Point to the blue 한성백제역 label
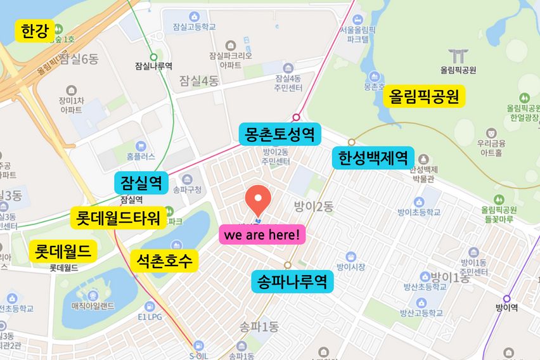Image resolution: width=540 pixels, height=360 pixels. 373,158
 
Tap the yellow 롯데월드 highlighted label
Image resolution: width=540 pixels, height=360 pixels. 63,251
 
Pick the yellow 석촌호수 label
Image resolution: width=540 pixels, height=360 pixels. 164,260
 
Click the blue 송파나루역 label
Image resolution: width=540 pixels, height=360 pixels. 292,281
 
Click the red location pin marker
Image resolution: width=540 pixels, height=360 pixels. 258,200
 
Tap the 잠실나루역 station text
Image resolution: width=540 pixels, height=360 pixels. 153,65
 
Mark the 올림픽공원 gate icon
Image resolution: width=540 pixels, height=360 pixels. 456,56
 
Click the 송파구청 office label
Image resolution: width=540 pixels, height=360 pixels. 187,189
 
